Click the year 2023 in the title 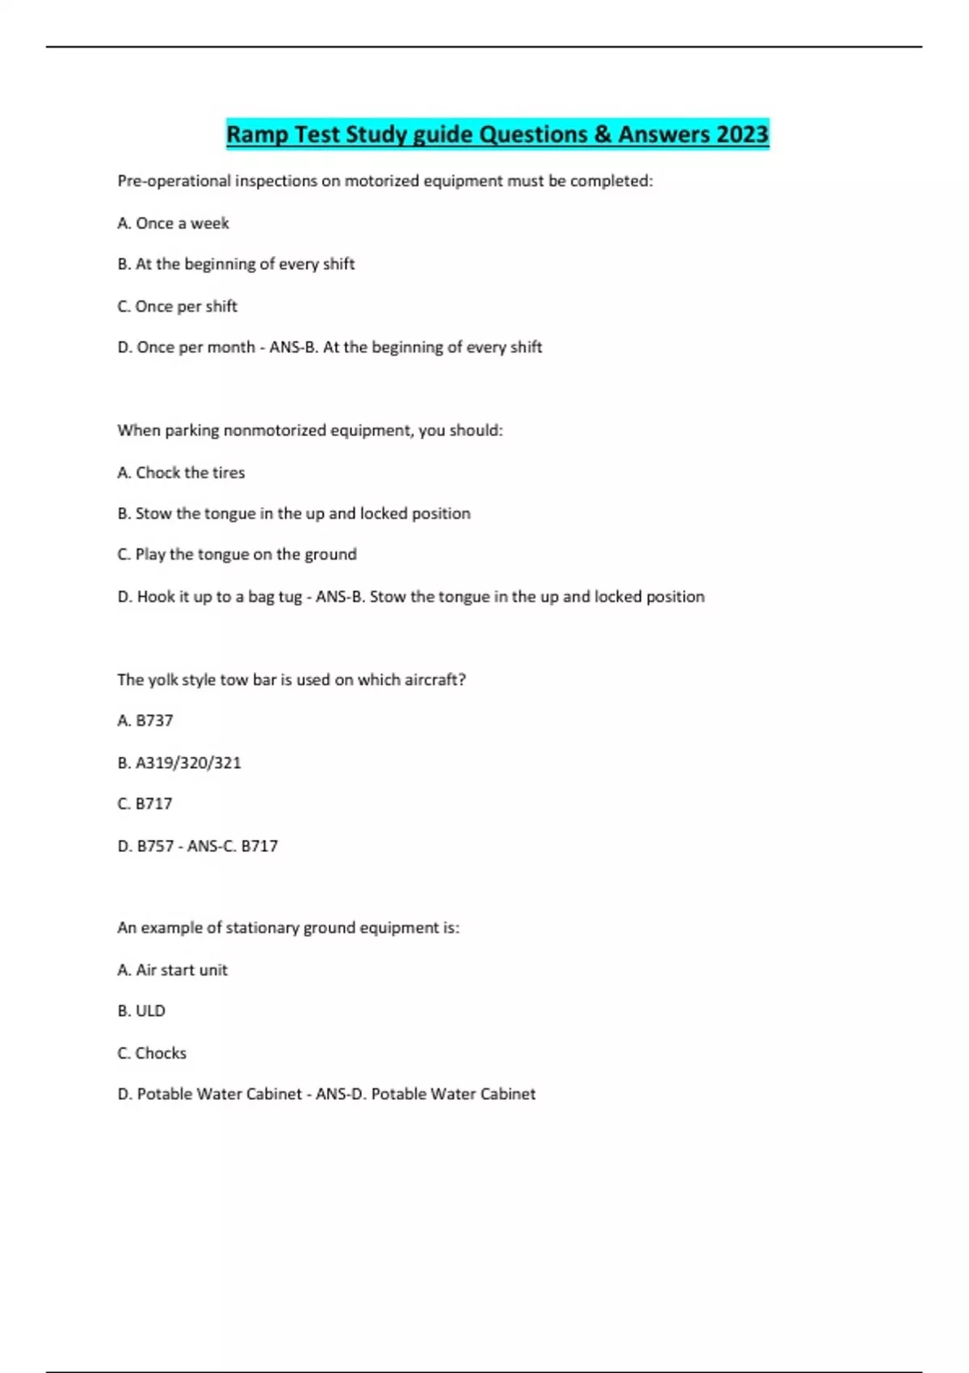(741, 134)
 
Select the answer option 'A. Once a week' (173, 223)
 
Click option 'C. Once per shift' (177, 306)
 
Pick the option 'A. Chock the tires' (181, 472)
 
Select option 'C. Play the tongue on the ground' (237, 555)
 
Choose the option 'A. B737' (145, 720)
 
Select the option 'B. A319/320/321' (179, 763)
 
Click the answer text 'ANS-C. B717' (233, 846)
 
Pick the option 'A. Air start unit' (172, 970)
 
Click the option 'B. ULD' (141, 1011)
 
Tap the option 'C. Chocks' (152, 1053)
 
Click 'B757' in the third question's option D (155, 846)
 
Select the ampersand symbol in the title (602, 134)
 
